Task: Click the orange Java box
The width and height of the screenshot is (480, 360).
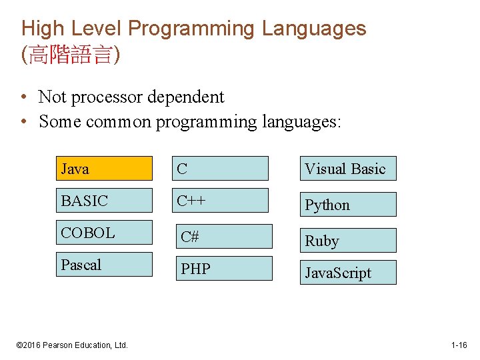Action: [x=103, y=169]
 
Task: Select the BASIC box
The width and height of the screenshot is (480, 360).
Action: [x=103, y=201]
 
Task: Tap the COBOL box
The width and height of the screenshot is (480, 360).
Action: [x=103, y=233]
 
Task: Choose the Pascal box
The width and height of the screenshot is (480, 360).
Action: [x=103, y=265]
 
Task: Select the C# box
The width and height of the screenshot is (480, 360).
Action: [x=223, y=237]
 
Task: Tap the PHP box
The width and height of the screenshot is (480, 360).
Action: [x=223, y=269]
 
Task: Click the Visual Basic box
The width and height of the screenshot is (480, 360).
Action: [x=347, y=169]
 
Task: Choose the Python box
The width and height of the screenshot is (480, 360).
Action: [x=347, y=205]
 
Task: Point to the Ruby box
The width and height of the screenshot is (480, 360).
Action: [x=347, y=241]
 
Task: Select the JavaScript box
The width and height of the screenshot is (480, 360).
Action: [x=347, y=273]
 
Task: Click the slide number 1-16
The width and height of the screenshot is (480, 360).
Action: [x=459, y=345]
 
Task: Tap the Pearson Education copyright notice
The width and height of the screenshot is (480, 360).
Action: [x=72, y=345]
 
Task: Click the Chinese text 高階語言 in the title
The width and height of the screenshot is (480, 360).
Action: [x=71, y=55]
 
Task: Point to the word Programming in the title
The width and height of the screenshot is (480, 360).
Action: [x=192, y=29]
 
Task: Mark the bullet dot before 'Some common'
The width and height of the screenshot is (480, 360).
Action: [x=24, y=122]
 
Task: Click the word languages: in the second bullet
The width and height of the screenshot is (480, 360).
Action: [x=301, y=122]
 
